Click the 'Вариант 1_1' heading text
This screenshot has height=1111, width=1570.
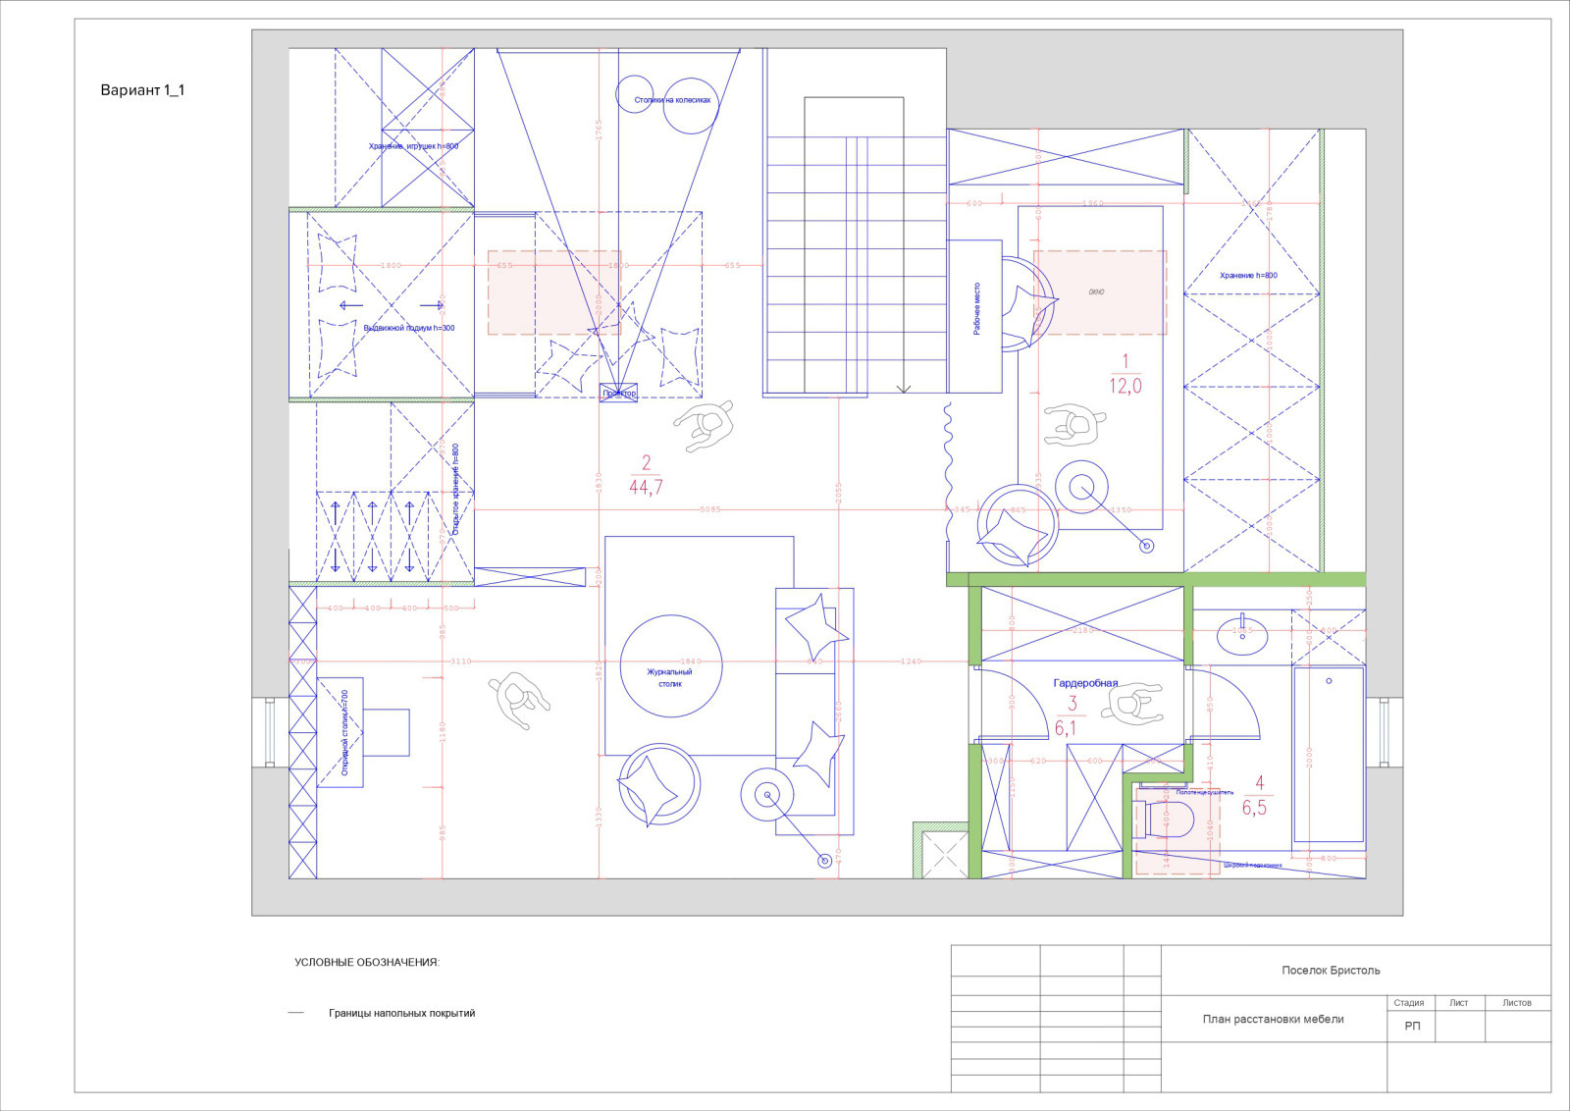click(x=142, y=90)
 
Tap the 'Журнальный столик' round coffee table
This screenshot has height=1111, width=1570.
click(x=670, y=667)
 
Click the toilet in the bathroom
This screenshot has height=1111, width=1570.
click(x=1168, y=820)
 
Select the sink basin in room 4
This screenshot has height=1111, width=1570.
click(x=1242, y=635)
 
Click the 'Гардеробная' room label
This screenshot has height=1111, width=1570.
click(x=1085, y=683)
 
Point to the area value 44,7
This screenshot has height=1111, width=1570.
click(x=646, y=487)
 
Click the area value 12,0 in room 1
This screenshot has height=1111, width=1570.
click(x=1125, y=386)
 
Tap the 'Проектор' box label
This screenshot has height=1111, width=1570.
click(x=619, y=393)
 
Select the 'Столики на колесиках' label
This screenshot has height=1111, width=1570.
click(x=672, y=100)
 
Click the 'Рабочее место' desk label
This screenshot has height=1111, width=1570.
click(x=976, y=309)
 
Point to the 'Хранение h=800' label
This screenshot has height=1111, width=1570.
click(x=1248, y=276)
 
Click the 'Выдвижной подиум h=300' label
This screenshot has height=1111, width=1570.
click(x=408, y=328)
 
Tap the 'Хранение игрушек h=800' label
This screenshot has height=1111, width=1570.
click(x=413, y=146)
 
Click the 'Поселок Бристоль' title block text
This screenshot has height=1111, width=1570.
click(x=1331, y=971)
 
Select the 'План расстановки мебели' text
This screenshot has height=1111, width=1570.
click(x=1273, y=1019)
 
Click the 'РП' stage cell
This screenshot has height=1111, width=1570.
click(x=1412, y=1026)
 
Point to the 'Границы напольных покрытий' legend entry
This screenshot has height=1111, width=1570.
click(x=401, y=1013)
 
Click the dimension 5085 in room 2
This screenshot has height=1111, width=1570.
click(x=710, y=509)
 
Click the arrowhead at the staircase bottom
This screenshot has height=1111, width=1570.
click(x=904, y=390)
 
